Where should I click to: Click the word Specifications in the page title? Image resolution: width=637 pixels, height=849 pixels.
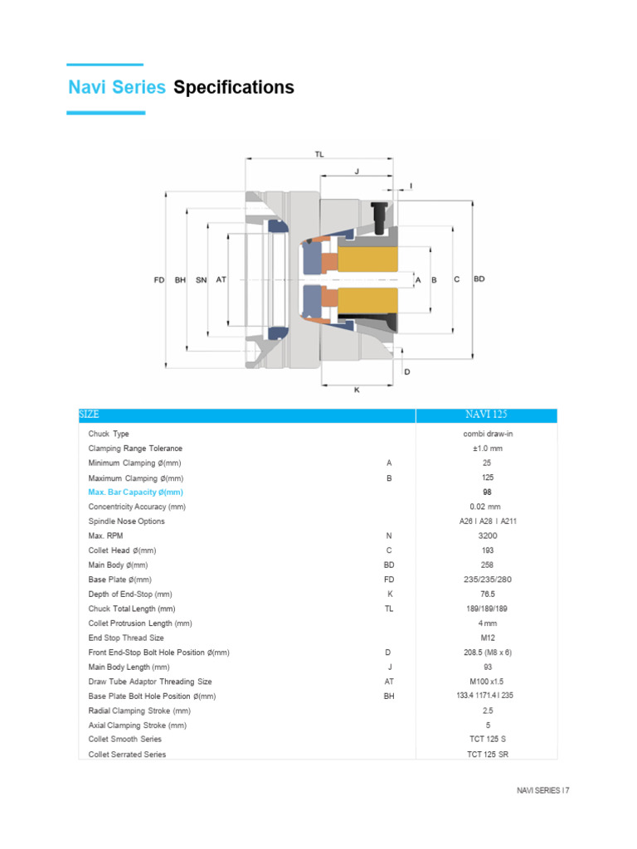pos(234,87)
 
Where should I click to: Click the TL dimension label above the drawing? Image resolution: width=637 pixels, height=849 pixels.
pos(320,154)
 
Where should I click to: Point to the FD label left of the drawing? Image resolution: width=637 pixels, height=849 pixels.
pos(159,280)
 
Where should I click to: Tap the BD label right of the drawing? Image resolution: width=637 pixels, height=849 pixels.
pos(479,279)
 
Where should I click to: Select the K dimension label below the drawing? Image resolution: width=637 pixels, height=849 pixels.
pos(357,390)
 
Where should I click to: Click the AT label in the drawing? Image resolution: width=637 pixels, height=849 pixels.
pos(221,280)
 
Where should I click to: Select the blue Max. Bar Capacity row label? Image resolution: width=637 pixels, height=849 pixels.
pos(135,492)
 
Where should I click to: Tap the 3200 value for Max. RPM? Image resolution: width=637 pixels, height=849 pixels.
pos(487,536)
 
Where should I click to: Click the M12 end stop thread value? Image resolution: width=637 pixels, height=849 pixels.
pos(487,638)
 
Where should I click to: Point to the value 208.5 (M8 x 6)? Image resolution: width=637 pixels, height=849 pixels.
pos(487,653)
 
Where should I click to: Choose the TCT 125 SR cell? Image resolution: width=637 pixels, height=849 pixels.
pos(487,754)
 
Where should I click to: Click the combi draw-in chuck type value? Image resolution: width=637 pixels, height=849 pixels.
pos(487,434)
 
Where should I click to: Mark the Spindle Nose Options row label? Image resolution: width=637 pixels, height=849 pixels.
pos(127,522)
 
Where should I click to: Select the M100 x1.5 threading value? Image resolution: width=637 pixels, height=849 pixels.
pos(487,682)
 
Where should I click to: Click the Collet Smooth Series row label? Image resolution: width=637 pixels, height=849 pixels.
pos(125,740)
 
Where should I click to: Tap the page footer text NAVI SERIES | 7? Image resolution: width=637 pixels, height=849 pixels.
pos(543,791)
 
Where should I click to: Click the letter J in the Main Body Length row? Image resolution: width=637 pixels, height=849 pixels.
pos(389,667)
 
